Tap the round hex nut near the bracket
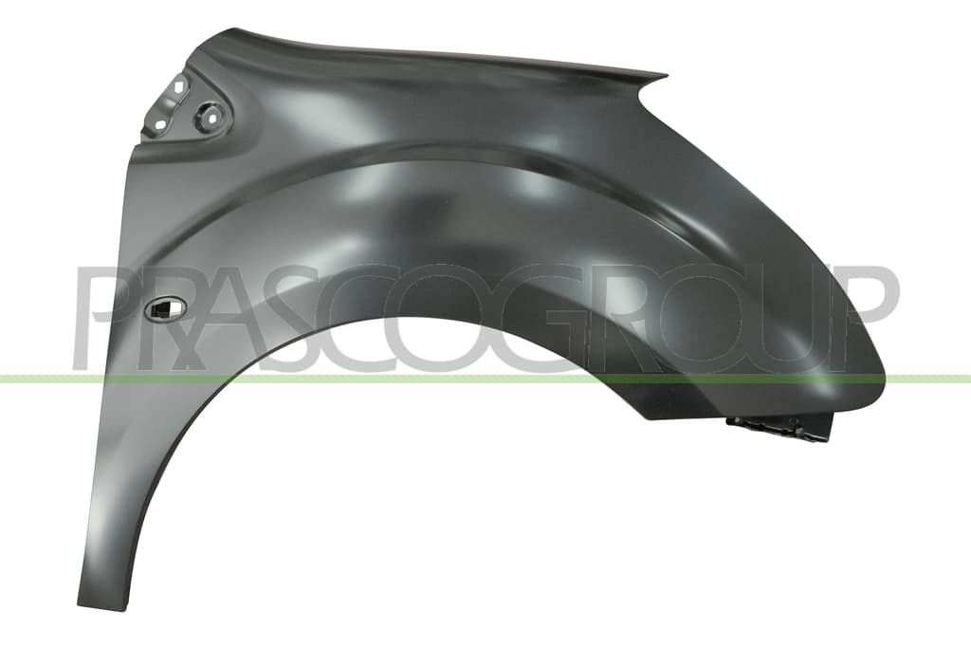[209, 117]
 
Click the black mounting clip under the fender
[779, 428]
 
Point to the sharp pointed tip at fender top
[667, 76]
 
